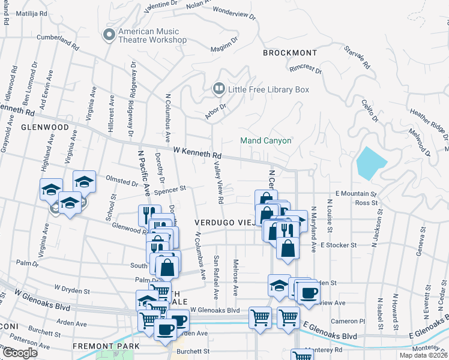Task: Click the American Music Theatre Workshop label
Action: tap(152, 35)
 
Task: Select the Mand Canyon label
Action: tap(266, 140)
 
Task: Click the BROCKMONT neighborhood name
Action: tap(289, 53)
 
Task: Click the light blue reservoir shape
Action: tap(372, 163)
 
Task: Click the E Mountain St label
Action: tap(356, 194)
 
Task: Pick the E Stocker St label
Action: tap(339, 245)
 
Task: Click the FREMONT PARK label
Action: tap(106, 346)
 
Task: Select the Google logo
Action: tap(19, 353)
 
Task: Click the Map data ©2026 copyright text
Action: tap(424, 355)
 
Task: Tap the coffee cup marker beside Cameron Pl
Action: tap(309, 294)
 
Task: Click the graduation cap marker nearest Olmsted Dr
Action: tap(84, 182)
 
